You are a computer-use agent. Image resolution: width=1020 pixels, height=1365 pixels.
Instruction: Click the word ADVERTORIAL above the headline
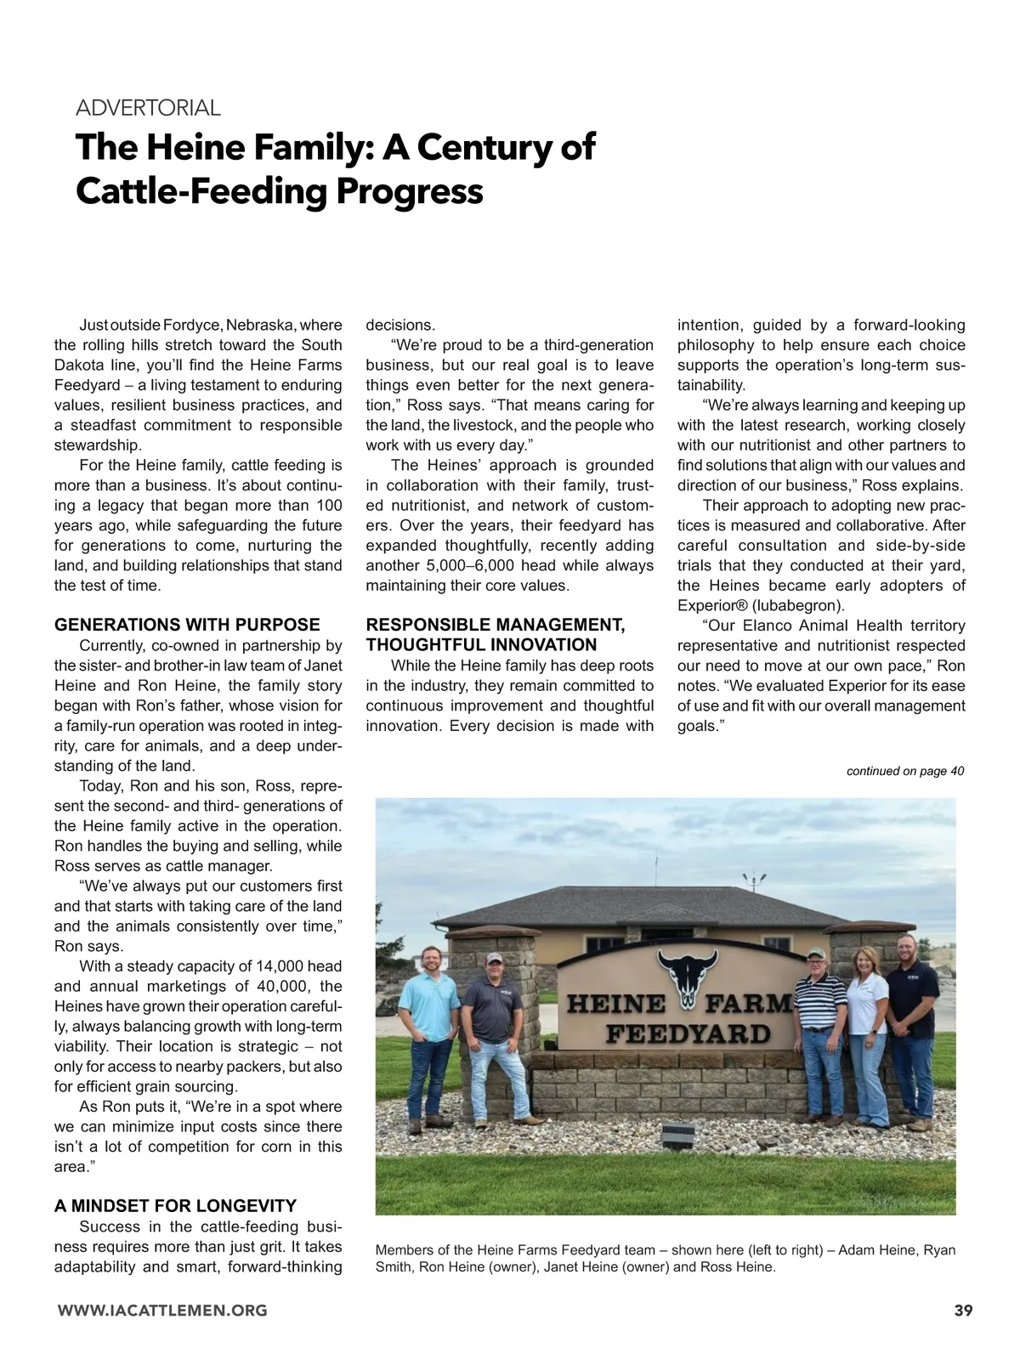coord(148,108)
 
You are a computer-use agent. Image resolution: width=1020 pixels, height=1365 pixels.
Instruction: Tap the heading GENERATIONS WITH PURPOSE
coord(187,625)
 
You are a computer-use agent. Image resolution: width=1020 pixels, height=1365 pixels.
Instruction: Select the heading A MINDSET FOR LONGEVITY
coord(175,1205)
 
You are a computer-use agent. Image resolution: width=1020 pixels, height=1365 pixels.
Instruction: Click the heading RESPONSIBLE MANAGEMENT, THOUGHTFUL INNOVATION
coord(496,635)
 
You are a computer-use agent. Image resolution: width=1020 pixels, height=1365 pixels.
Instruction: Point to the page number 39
coord(962,1310)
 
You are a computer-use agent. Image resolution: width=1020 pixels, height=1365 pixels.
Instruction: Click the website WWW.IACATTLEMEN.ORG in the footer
coord(161,1310)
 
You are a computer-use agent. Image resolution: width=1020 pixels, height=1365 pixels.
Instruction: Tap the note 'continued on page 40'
coord(904,771)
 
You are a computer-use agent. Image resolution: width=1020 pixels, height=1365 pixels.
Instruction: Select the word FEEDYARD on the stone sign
coord(688,1034)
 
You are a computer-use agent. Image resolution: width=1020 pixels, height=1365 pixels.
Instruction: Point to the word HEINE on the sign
coord(616,1004)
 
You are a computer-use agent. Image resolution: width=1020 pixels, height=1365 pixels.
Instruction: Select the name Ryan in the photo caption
coord(938,1249)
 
